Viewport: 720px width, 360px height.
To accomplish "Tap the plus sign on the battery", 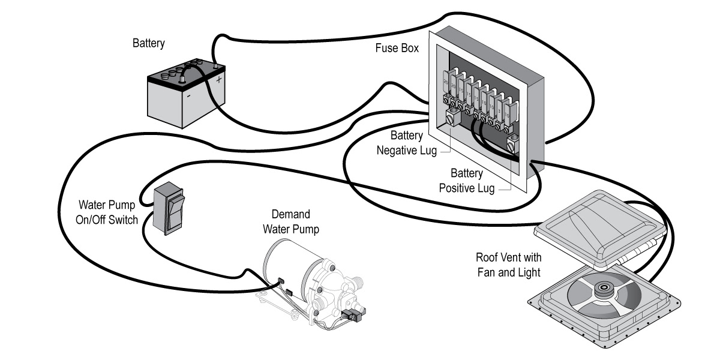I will click(219, 79).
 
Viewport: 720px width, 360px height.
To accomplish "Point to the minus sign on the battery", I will click(188, 95).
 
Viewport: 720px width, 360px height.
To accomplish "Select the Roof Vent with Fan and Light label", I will click(508, 265).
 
